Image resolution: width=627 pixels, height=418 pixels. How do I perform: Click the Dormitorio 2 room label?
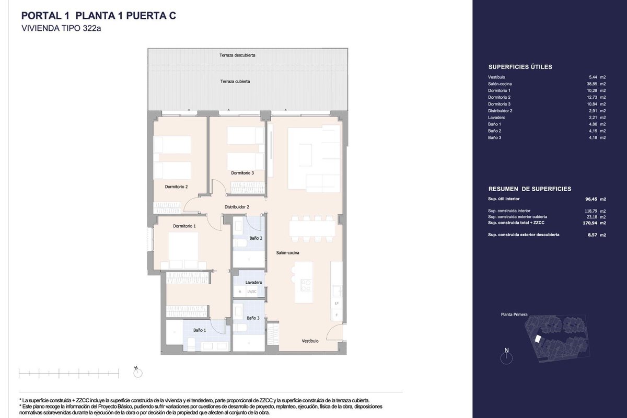coord(176,187)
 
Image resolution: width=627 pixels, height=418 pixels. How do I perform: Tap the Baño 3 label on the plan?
coord(253,318)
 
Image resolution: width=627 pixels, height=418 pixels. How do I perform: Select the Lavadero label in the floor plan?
coord(253,282)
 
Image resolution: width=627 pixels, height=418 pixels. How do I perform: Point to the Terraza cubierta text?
coord(235,82)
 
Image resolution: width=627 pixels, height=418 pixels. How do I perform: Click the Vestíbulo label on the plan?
coord(310,341)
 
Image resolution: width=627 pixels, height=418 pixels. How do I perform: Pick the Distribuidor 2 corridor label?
coord(237,207)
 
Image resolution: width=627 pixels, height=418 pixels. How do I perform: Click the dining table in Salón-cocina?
coord(312,228)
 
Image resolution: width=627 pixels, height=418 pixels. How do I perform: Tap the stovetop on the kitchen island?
coord(305,285)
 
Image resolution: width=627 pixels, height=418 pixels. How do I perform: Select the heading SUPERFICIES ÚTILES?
coord(520,67)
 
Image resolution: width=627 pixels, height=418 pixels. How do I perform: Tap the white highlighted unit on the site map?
coord(537,339)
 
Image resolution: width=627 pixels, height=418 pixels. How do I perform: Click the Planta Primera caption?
coord(514,315)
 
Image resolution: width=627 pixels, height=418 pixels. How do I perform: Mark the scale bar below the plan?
coord(69,373)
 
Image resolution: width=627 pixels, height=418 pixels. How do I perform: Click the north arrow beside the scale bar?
coord(138,372)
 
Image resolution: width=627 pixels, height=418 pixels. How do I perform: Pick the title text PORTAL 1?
coord(45,16)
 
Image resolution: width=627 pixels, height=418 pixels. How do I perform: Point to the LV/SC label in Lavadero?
coord(252,292)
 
